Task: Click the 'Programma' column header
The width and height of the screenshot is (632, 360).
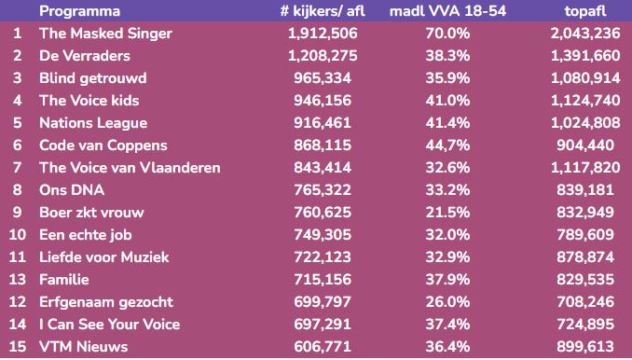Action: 79,11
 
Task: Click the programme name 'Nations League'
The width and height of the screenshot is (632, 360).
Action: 93,123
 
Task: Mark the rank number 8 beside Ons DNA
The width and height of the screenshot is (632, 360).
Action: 17,190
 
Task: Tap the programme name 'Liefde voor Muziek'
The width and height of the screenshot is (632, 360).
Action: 103,257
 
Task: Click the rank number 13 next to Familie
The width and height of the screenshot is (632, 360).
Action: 17,280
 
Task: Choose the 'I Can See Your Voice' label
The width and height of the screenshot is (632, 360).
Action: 109,325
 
